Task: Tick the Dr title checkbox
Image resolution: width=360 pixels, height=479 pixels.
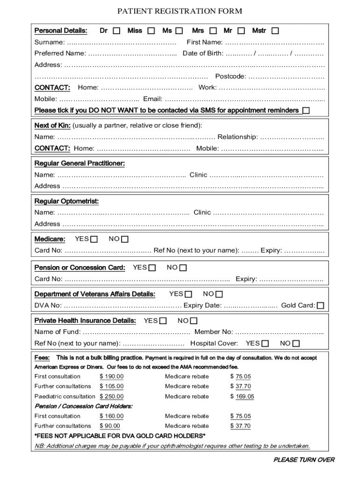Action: (x=116, y=31)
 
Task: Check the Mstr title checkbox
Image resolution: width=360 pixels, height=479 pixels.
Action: (x=275, y=31)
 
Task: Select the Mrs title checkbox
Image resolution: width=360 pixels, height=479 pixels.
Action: (x=213, y=31)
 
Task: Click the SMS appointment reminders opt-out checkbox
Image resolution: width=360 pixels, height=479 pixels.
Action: (x=306, y=111)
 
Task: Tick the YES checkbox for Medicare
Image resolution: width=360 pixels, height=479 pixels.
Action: (x=94, y=239)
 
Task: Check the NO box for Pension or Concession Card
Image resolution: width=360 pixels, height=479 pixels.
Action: (x=183, y=268)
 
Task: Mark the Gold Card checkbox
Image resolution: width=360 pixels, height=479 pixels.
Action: (x=320, y=306)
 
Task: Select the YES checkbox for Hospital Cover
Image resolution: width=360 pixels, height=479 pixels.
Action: (x=265, y=344)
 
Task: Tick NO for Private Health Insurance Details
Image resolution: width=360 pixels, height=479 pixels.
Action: (x=194, y=321)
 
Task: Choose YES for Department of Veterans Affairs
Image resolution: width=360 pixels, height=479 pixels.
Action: (x=188, y=294)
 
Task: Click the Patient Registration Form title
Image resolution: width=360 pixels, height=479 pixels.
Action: (x=180, y=11)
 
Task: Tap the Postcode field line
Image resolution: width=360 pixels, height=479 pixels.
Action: (x=286, y=77)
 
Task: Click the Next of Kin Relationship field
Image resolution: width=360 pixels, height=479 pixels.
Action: (x=292, y=138)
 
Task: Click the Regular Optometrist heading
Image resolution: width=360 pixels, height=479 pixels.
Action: (x=66, y=201)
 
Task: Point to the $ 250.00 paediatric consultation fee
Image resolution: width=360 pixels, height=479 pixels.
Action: (x=111, y=396)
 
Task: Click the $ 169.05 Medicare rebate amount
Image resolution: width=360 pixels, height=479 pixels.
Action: (x=242, y=396)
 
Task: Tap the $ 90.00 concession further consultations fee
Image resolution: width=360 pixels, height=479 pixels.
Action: (x=109, y=426)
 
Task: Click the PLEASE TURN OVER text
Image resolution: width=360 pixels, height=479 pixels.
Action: (x=303, y=460)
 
